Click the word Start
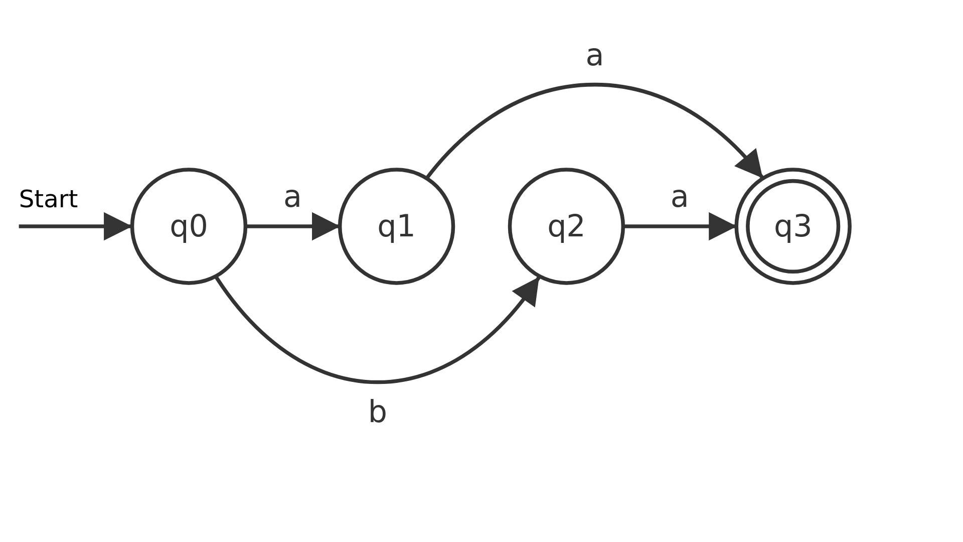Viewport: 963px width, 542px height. point(48,199)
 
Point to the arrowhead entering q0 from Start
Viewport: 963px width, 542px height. point(117,226)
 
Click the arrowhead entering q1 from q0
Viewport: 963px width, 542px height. point(326,226)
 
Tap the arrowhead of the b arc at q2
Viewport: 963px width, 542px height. point(528,292)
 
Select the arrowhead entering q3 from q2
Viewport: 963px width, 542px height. point(722,226)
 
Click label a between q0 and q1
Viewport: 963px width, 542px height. point(292,197)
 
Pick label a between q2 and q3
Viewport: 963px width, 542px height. point(679,197)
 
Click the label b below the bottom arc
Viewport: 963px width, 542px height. point(377,412)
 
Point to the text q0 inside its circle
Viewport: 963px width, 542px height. point(189,226)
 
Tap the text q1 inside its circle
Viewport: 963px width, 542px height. point(396,226)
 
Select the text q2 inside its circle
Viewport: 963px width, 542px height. point(566,226)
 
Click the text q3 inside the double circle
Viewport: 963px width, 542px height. point(793,226)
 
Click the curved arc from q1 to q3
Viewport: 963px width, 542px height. point(594,86)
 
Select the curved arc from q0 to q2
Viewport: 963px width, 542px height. point(377,382)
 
